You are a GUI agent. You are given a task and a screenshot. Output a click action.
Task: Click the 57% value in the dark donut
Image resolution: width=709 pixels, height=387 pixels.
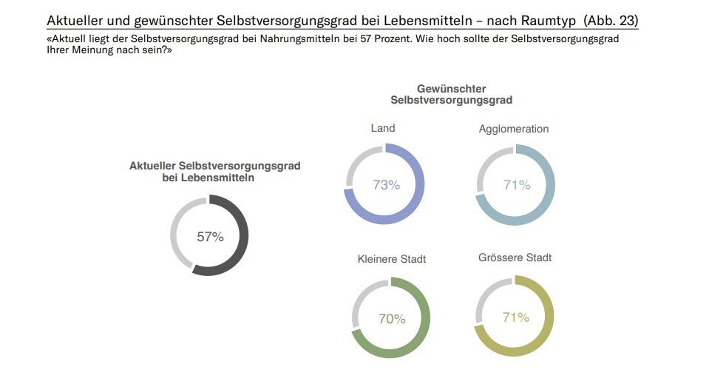(210, 237)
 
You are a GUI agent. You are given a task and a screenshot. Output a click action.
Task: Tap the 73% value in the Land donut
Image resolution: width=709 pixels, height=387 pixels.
(386, 185)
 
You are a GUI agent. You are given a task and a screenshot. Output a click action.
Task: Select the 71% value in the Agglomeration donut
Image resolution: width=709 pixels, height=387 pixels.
(517, 185)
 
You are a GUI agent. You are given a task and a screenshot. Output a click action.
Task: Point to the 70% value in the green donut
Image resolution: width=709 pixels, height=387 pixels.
(392, 319)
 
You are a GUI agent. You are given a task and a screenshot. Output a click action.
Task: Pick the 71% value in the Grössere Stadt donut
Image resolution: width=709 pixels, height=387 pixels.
(515, 317)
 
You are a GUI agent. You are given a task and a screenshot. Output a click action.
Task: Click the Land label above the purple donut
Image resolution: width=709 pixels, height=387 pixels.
(382, 128)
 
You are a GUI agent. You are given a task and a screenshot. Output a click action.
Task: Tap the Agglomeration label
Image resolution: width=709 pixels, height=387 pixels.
(514, 129)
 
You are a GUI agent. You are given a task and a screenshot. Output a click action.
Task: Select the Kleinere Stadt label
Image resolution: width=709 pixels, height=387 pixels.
(392, 259)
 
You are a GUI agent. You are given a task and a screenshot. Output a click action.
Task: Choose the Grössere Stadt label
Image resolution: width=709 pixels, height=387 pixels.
(515, 258)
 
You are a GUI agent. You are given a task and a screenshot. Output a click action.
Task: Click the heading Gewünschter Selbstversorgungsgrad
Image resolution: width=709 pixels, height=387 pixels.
(451, 94)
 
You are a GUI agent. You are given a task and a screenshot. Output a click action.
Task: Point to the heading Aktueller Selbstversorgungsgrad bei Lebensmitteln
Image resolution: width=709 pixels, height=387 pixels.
(214, 172)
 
